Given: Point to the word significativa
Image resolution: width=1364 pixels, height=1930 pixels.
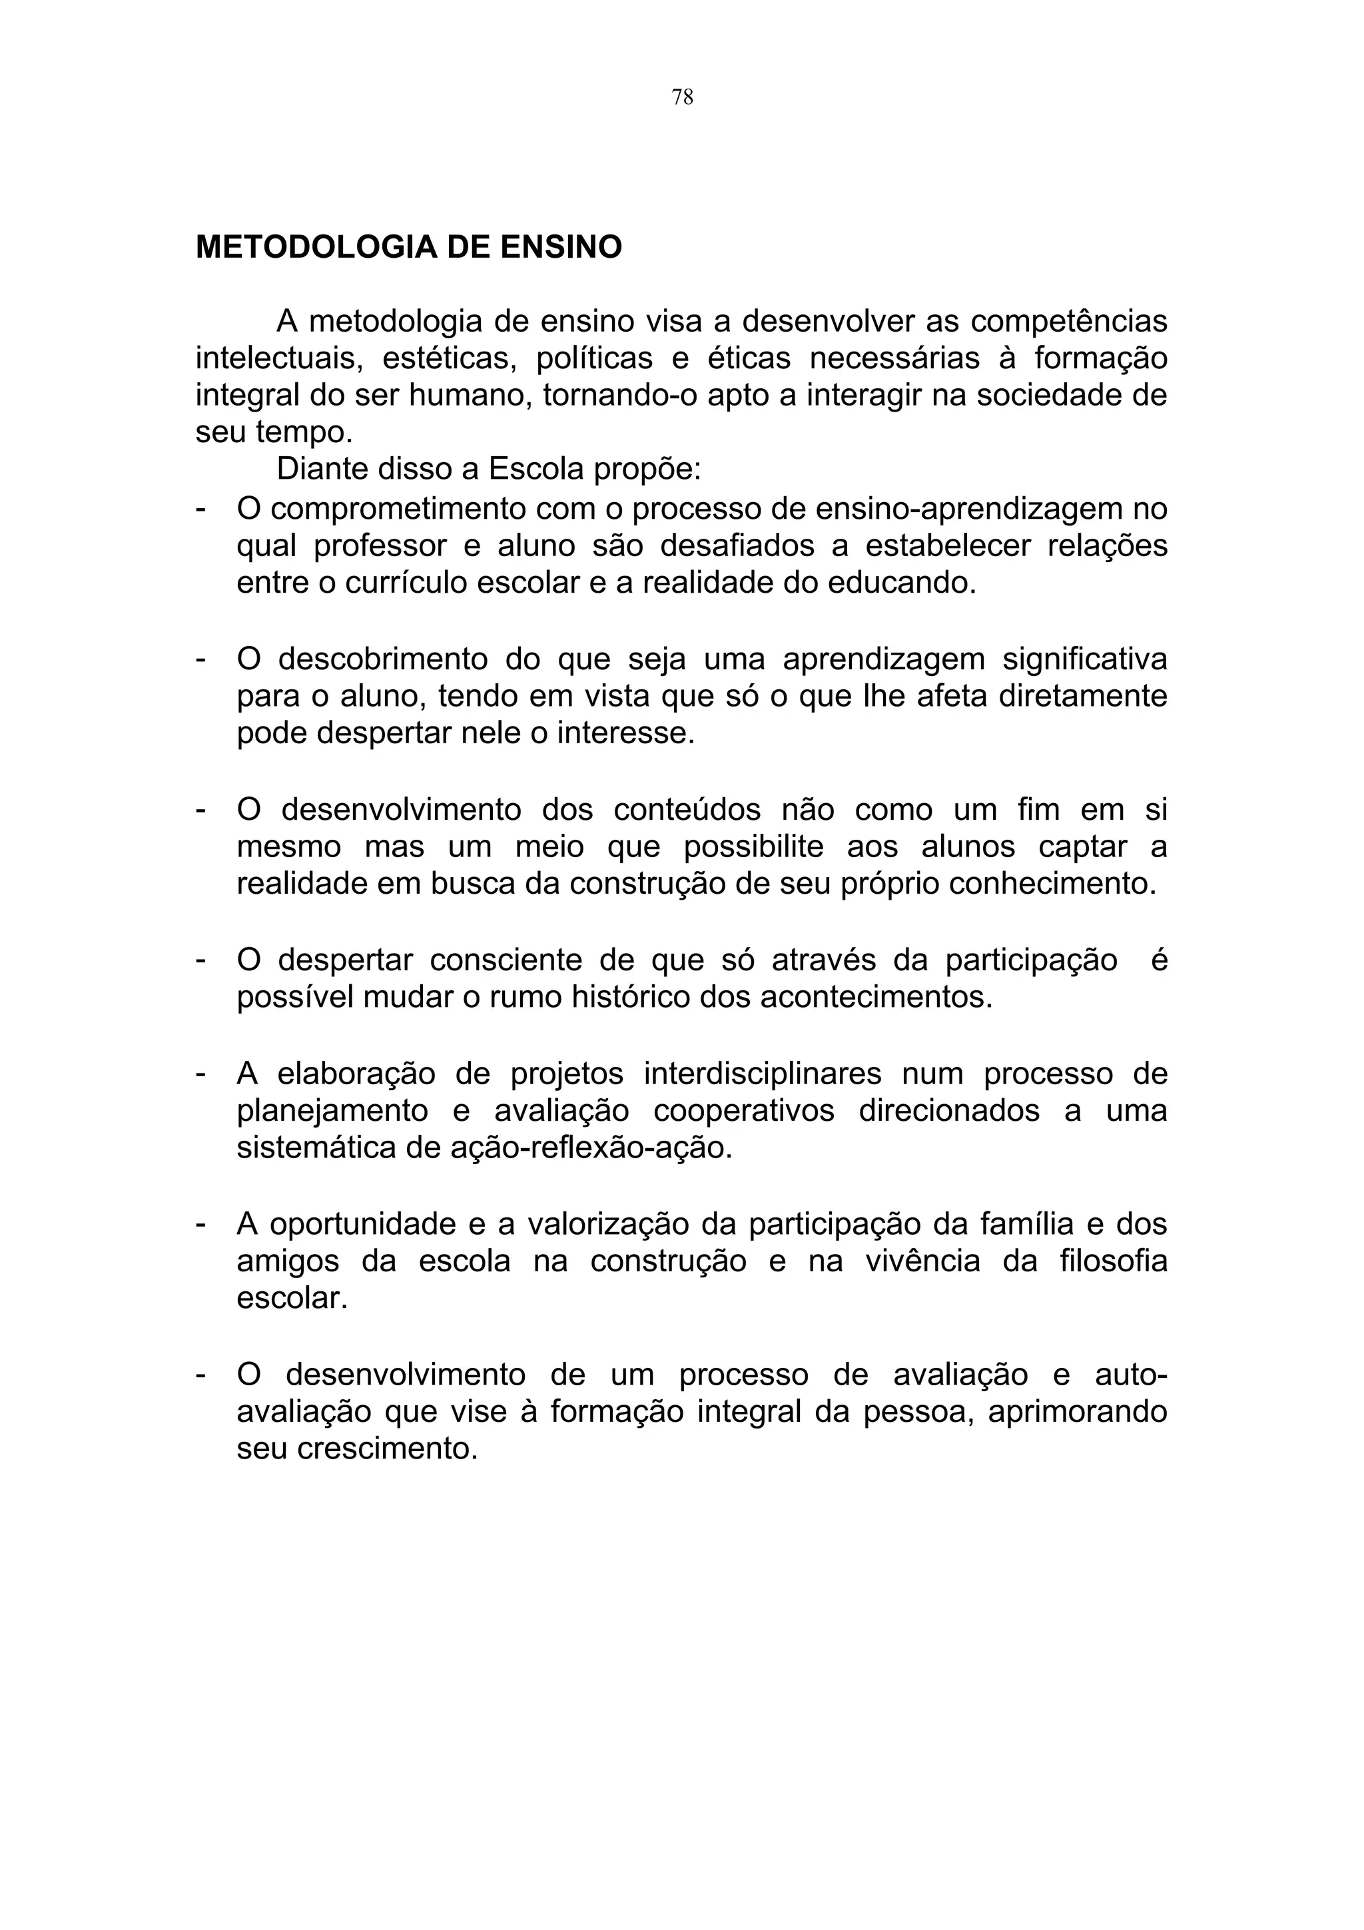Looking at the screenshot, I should point(1085,660).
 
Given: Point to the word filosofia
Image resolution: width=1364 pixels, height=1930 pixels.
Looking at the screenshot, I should point(1114,1262).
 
